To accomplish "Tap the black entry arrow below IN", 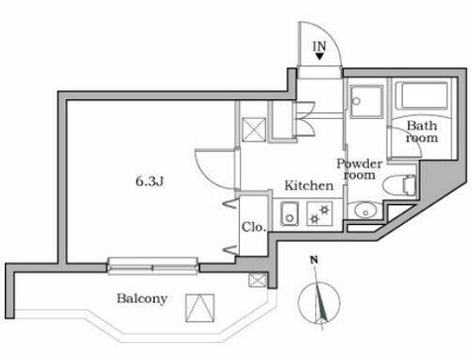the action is (321, 56).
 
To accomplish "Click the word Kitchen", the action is (309, 186).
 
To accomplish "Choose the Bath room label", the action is (421, 131).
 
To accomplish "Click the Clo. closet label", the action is (252, 227).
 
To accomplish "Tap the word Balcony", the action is (142, 300).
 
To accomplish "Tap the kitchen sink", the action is (292, 215).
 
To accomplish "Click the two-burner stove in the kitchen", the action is (320, 215).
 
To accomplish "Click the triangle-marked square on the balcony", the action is (199, 307).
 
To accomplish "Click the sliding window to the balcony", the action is (153, 266).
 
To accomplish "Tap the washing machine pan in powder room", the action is (364, 99).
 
